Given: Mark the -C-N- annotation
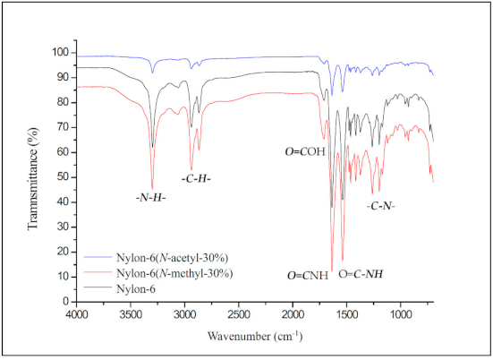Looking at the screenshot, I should pos(383,206).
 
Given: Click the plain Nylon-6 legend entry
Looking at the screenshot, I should pos(136,287).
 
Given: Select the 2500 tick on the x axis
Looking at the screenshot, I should pos(239,315).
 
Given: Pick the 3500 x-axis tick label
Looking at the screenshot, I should pos(131,315).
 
